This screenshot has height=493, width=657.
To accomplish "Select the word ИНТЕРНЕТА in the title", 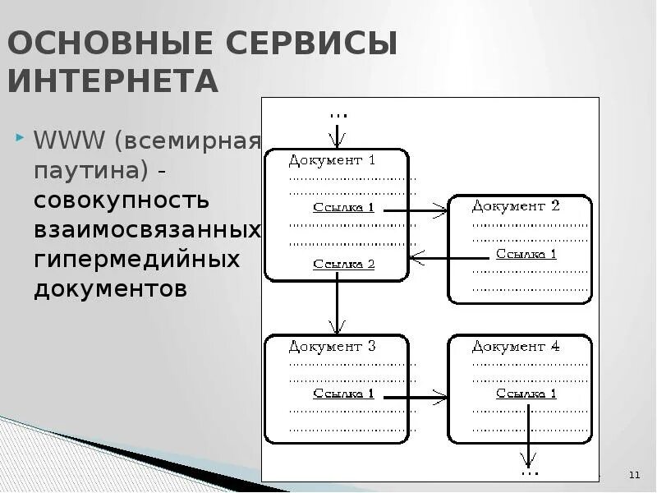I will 113,81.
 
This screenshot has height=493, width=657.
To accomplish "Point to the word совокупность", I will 122,200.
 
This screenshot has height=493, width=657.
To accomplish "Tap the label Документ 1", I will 332,160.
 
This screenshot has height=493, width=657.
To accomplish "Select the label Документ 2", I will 516,206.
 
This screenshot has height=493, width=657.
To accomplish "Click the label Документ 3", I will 332,347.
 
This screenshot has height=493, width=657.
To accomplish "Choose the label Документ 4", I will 516,347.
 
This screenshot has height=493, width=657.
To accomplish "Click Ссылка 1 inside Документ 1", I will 343,208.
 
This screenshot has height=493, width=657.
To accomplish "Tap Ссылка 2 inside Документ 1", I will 343,265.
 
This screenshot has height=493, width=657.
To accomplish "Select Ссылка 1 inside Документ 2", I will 526,254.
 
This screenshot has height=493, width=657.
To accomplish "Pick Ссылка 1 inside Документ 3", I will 343,394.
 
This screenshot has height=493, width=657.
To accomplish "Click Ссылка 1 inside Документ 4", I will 526,394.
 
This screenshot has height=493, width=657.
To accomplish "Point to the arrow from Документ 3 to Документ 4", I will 416,398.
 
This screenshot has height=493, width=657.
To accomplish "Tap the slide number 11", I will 634,476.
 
